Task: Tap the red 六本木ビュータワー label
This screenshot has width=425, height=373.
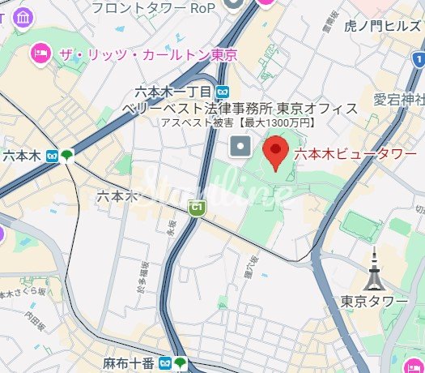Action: (x=355, y=153)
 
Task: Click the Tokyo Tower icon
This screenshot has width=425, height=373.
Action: (x=374, y=271)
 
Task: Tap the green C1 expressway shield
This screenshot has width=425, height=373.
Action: (x=195, y=208)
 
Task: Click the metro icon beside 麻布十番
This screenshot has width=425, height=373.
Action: (x=164, y=362)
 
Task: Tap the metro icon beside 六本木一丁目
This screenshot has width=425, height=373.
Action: (x=222, y=92)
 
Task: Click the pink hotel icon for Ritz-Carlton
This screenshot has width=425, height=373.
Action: (x=39, y=55)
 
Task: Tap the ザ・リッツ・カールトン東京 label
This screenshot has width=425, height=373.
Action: (x=147, y=56)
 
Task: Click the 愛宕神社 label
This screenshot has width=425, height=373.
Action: (x=398, y=101)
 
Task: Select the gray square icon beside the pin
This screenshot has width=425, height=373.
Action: (x=240, y=147)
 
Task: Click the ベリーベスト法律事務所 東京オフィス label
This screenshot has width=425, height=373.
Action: (x=240, y=108)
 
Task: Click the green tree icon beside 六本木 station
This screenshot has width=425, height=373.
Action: (x=66, y=155)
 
